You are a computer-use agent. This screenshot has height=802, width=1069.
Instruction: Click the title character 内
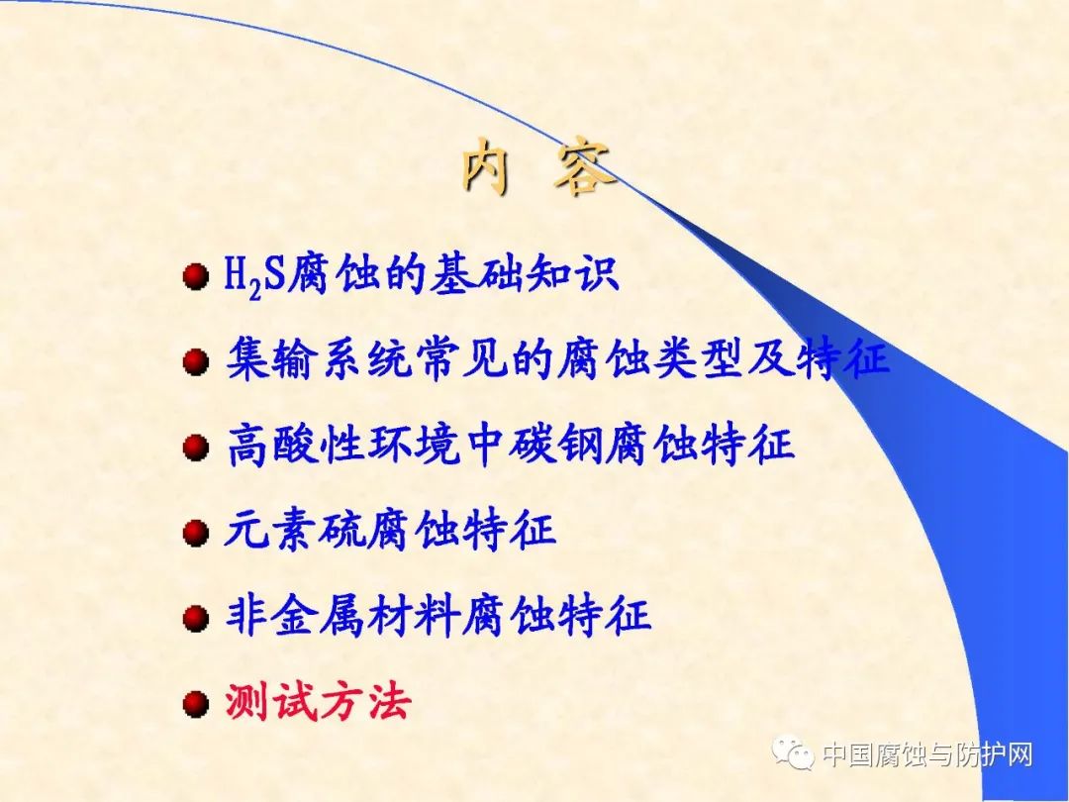[486, 166]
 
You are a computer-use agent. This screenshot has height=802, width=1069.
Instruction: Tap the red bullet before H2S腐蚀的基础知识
[196, 276]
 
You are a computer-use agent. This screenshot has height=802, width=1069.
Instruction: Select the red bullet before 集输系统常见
[196, 361]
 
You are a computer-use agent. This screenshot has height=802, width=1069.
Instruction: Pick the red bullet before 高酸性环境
[196, 448]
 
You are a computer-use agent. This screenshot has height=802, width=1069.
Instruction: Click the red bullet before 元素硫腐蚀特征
[196, 532]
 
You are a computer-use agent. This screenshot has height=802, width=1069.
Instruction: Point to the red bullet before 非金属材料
[196, 618]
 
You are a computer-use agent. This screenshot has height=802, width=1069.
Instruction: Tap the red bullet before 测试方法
[196, 703]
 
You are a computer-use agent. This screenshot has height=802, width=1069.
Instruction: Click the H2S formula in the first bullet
[254, 277]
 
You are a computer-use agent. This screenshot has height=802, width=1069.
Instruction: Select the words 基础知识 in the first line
[524, 275]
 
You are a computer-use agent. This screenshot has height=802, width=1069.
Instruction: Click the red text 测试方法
[318, 700]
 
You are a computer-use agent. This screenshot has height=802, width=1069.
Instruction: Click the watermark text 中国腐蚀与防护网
[927, 754]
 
